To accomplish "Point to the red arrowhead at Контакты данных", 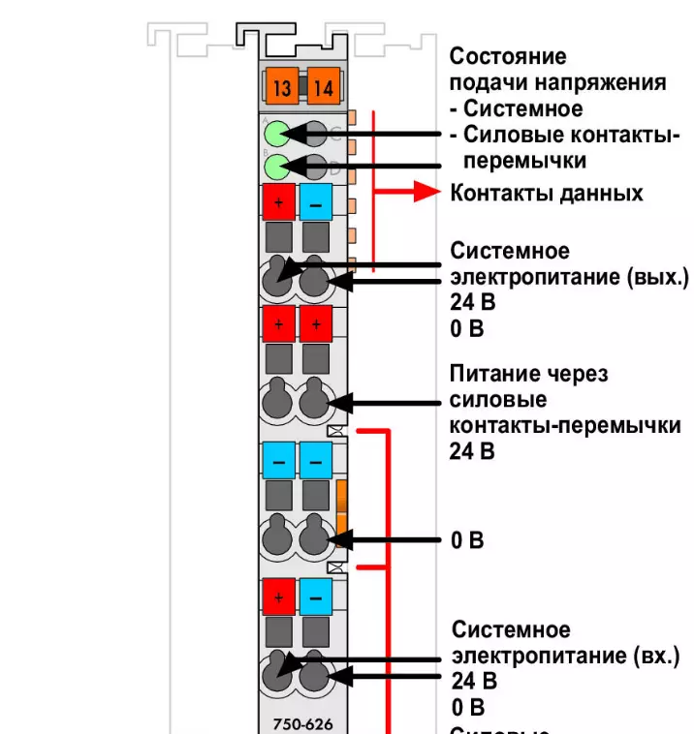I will tap(426, 191).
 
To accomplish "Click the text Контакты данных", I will tap(547, 193).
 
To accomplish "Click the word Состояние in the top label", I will tap(508, 56).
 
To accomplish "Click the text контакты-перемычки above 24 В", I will tap(566, 425).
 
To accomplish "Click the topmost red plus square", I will tap(279, 202).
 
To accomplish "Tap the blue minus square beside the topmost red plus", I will tap(316, 202).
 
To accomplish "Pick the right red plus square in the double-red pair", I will tap(316, 323).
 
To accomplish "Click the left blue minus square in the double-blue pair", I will tap(279, 459).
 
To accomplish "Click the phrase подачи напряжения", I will tap(557, 82).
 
